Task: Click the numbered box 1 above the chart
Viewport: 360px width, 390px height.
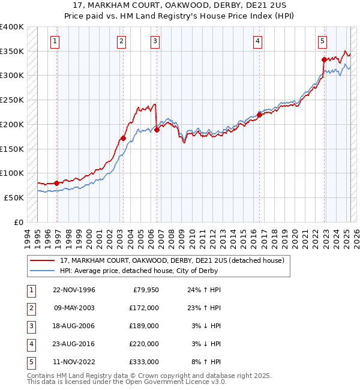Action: click(55, 41)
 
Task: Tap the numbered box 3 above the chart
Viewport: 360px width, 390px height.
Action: click(155, 41)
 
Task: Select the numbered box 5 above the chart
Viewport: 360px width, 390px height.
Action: click(323, 41)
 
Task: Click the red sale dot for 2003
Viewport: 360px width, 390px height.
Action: click(123, 138)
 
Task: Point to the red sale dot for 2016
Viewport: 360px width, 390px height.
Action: click(259, 115)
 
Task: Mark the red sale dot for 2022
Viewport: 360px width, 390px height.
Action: click(324, 59)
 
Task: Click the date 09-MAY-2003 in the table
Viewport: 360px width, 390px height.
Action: click(74, 308)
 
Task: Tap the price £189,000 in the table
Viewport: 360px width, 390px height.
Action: click(144, 326)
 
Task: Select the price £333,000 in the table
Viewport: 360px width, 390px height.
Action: click(144, 362)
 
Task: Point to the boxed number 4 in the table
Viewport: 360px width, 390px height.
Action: click(30, 344)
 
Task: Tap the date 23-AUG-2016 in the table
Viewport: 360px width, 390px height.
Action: click(74, 344)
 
